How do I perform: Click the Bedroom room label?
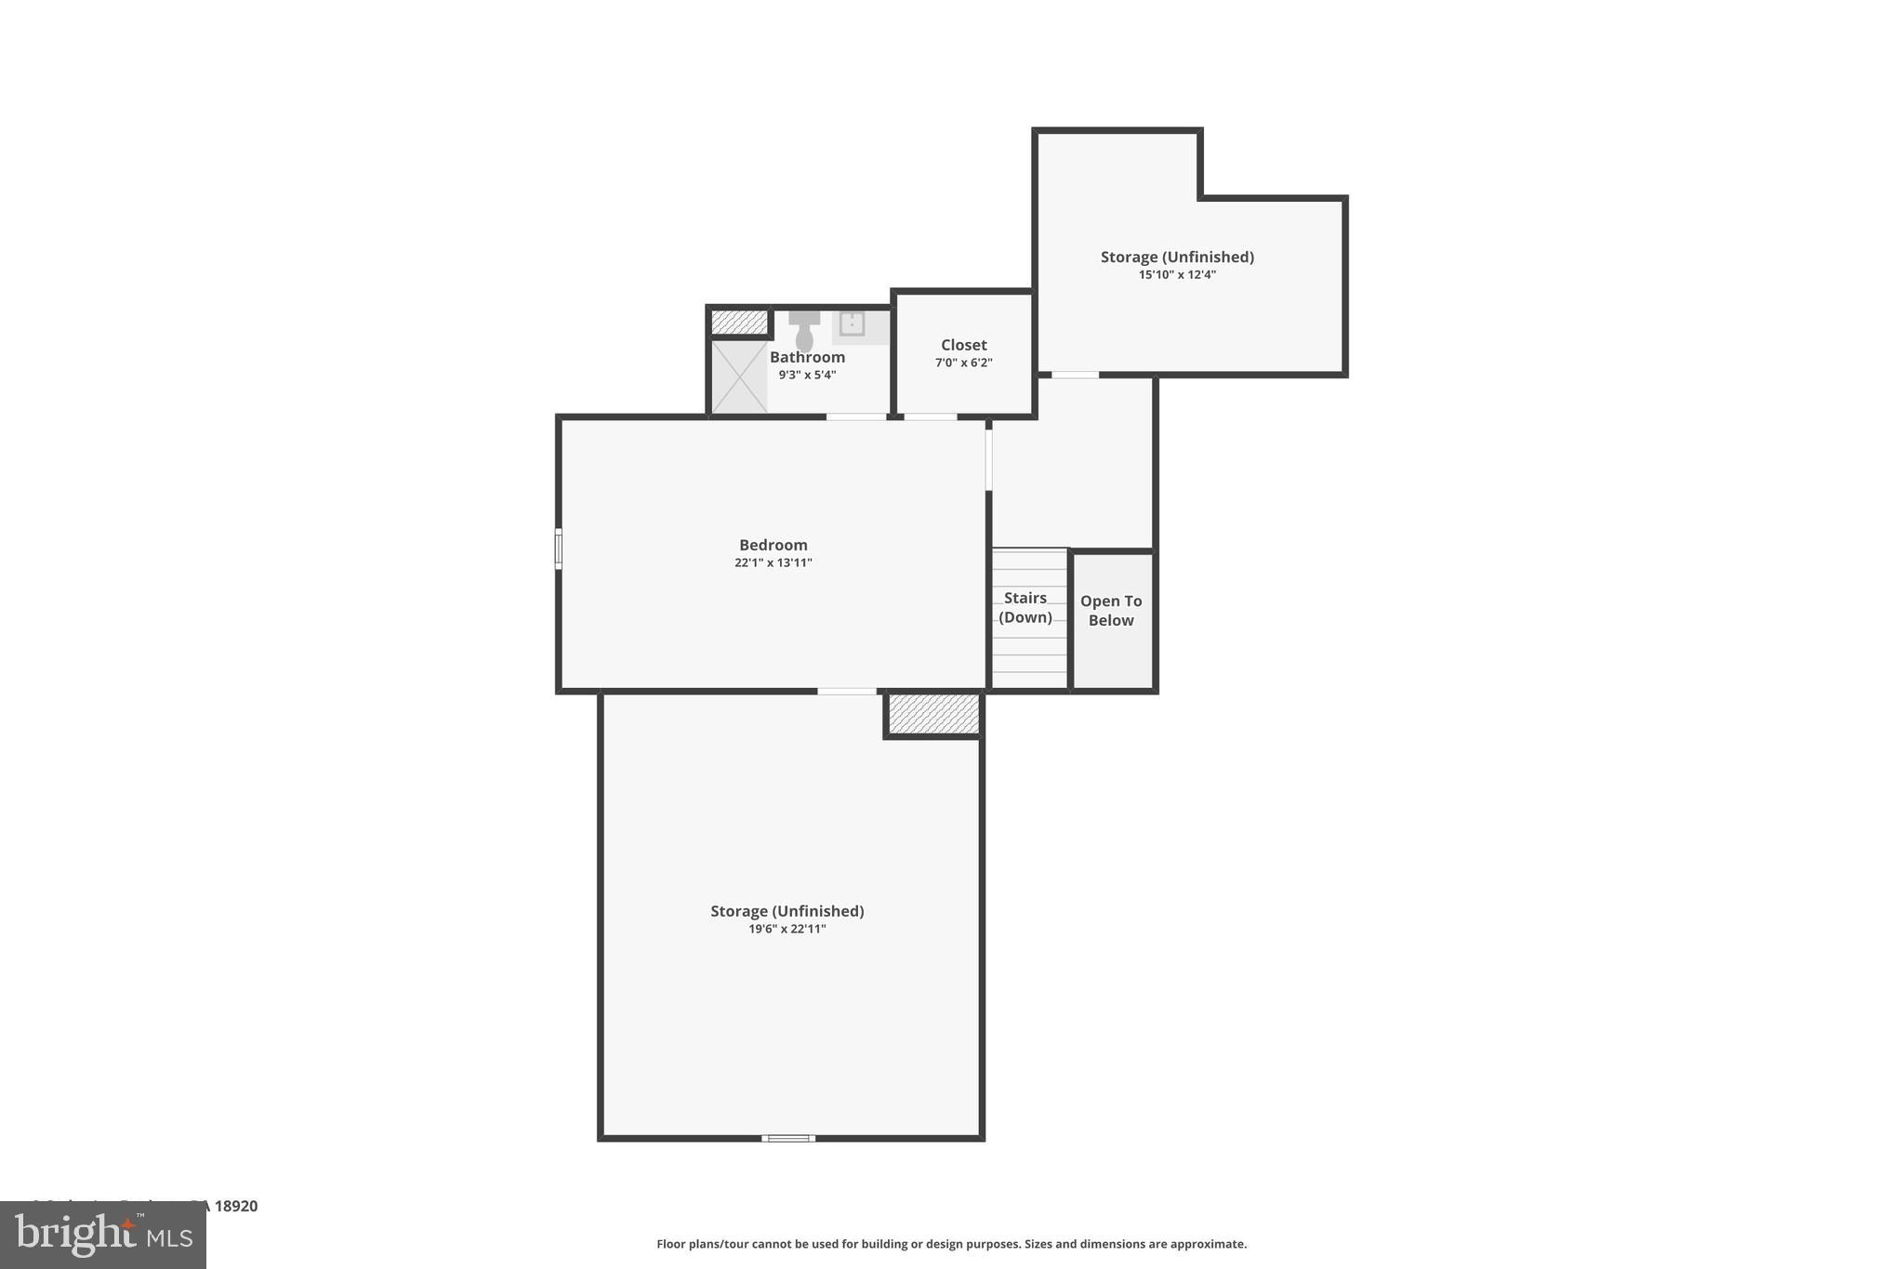[x=773, y=545]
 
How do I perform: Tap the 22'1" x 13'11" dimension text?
[x=773, y=562]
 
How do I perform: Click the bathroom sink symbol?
[x=852, y=324]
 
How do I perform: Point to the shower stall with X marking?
[x=739, y=377]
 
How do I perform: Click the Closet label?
[x=963, y=345]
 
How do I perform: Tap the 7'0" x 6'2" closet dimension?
[x=963, y=363]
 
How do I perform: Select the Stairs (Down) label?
[x=1025, y=607]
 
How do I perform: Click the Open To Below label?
[x=1111, y=611]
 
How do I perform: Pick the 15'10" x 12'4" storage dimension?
[x=1177, y=274]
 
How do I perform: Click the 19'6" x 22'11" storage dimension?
[x=787, y=929]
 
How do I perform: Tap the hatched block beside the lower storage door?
[x=933, y=714]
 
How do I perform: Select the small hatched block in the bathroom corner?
[x=739, y=322]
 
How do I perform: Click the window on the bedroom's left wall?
[x=558, y=549]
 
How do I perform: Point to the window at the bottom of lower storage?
[x=788, y=1138]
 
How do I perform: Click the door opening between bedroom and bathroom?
[x=856, y=416]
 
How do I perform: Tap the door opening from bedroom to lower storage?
[x=846, y=691]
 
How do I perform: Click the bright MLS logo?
[x=102, y=1236]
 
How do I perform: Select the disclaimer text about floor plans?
[x=951, y=1244]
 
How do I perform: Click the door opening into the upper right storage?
[x=1075, y=375]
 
